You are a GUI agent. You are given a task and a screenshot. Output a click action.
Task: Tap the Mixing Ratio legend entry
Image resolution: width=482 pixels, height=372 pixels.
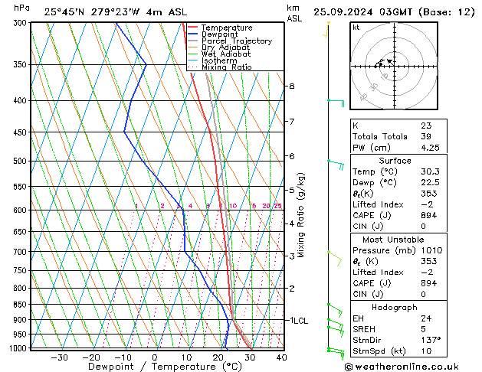tap(225, 67)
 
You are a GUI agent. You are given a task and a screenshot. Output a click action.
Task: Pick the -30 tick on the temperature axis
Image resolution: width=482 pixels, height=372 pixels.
tap(59, 357)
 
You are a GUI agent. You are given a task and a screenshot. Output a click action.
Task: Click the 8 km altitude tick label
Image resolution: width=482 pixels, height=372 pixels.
tap(291, 86)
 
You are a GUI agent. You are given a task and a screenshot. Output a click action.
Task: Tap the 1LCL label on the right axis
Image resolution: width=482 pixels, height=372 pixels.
tap(298, 321)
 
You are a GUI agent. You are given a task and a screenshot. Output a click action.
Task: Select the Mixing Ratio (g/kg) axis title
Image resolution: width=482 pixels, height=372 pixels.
tap(301, 215)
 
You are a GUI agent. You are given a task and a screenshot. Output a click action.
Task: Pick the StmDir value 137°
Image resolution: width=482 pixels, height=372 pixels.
tap(430, 340)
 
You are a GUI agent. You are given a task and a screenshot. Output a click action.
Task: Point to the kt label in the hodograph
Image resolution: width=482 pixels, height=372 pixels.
tap(356, 28)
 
